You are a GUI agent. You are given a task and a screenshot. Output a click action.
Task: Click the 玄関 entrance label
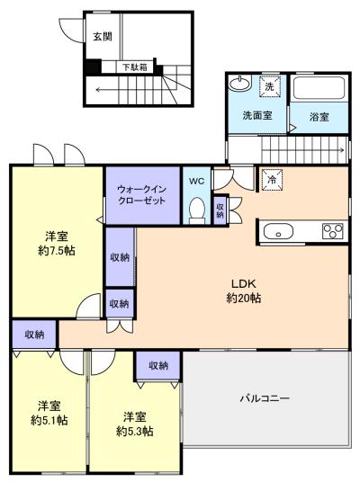click(103, 37)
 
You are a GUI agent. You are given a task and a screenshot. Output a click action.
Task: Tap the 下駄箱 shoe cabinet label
click(135, 67)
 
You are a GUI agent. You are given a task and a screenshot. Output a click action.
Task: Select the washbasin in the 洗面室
click(240, 83)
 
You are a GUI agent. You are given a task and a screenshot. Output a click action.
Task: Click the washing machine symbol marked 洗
click(269, 86)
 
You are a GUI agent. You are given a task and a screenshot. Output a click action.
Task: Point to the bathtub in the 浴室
click(319, 88)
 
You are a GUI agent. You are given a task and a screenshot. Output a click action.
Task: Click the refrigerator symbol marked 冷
click(272, 180)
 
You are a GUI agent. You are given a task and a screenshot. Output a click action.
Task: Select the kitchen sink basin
click(278, 231)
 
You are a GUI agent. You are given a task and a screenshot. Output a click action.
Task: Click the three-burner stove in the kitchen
click(333, 231)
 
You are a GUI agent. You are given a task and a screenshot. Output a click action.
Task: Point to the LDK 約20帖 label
click(244, 290)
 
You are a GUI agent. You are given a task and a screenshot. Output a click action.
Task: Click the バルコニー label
click(265, 398)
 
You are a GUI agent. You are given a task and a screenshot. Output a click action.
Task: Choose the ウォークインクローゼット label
click(142, 195)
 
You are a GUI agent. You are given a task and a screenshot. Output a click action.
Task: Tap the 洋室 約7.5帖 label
click(57, 244)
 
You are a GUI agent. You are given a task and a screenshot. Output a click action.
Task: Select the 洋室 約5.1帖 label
click(49, 413)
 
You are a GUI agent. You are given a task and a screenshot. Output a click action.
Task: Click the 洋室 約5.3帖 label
click(135, 424)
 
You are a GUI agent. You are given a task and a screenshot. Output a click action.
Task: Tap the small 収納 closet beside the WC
click(220, 210)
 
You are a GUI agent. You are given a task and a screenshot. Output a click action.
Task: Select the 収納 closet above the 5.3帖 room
click(158, 365)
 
